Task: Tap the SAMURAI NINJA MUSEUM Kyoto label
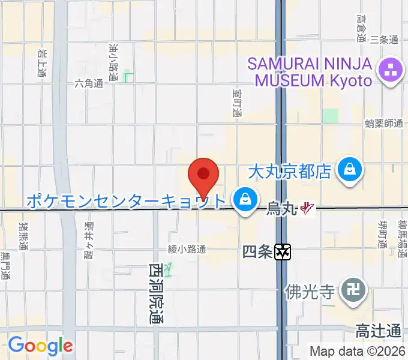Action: point(310,71)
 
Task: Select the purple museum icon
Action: point(391,71)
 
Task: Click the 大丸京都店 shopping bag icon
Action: point(349,170)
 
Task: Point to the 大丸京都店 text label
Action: point(290,172)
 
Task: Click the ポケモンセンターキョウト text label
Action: point(126,200)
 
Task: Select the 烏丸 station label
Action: point(281,209)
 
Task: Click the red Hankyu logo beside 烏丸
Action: point(307,209)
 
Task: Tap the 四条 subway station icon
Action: point(283,253)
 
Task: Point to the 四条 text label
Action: point(258,253)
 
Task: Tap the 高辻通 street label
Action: point(378,331)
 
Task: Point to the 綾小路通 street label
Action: point(187,248)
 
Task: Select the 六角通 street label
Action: point(89,84)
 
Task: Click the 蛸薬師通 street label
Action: point(383,123)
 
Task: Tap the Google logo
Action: point(40,345)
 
